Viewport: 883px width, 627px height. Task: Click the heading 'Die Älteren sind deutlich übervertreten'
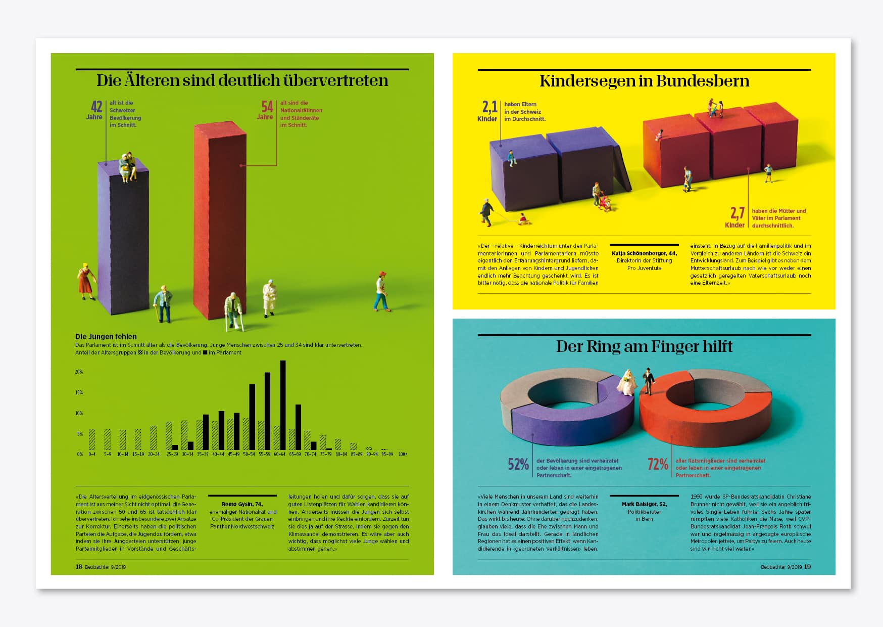click(x=242, y=80)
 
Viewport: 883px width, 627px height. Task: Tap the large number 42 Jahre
click(x=96, y=107)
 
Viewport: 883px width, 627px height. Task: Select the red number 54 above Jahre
click(x=267, y=107)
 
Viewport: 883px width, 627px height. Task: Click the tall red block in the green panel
click(x=220, y=222)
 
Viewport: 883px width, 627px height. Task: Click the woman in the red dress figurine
click(x=85, y=281)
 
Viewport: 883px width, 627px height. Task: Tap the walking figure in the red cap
click(x=382, y=291)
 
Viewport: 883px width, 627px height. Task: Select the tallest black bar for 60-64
click(x=283, y=405)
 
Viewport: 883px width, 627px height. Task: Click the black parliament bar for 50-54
click(x=252, y=417)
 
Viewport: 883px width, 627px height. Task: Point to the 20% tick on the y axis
click(x=79, y=372)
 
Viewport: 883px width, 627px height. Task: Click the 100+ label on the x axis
click(x=403, y=454)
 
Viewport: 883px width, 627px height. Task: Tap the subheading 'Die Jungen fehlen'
click(x=106, y=336)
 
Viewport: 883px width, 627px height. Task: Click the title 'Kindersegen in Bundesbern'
click(x=644, y=81)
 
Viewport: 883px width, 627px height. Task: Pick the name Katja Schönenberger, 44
click(x=644, y=253)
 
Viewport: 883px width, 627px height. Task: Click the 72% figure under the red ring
click(x=658, y=464)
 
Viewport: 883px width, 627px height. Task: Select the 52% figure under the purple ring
click(x=518, y=464)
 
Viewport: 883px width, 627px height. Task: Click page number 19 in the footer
click(x=807, y=567)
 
